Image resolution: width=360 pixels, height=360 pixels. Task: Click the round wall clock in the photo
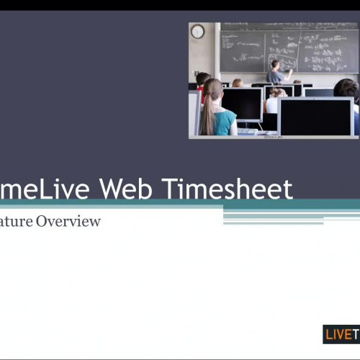[x=197, y=32]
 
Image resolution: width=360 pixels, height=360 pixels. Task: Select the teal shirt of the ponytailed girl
[x=225, y=122]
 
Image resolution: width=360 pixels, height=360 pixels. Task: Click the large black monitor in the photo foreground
[x=315, y=117]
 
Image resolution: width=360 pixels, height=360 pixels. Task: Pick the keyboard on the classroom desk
[x=248, y=131]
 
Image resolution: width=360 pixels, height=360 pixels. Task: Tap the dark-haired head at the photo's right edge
[x=347, y=90]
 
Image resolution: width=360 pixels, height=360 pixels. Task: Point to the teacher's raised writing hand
[x=290, y=70]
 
